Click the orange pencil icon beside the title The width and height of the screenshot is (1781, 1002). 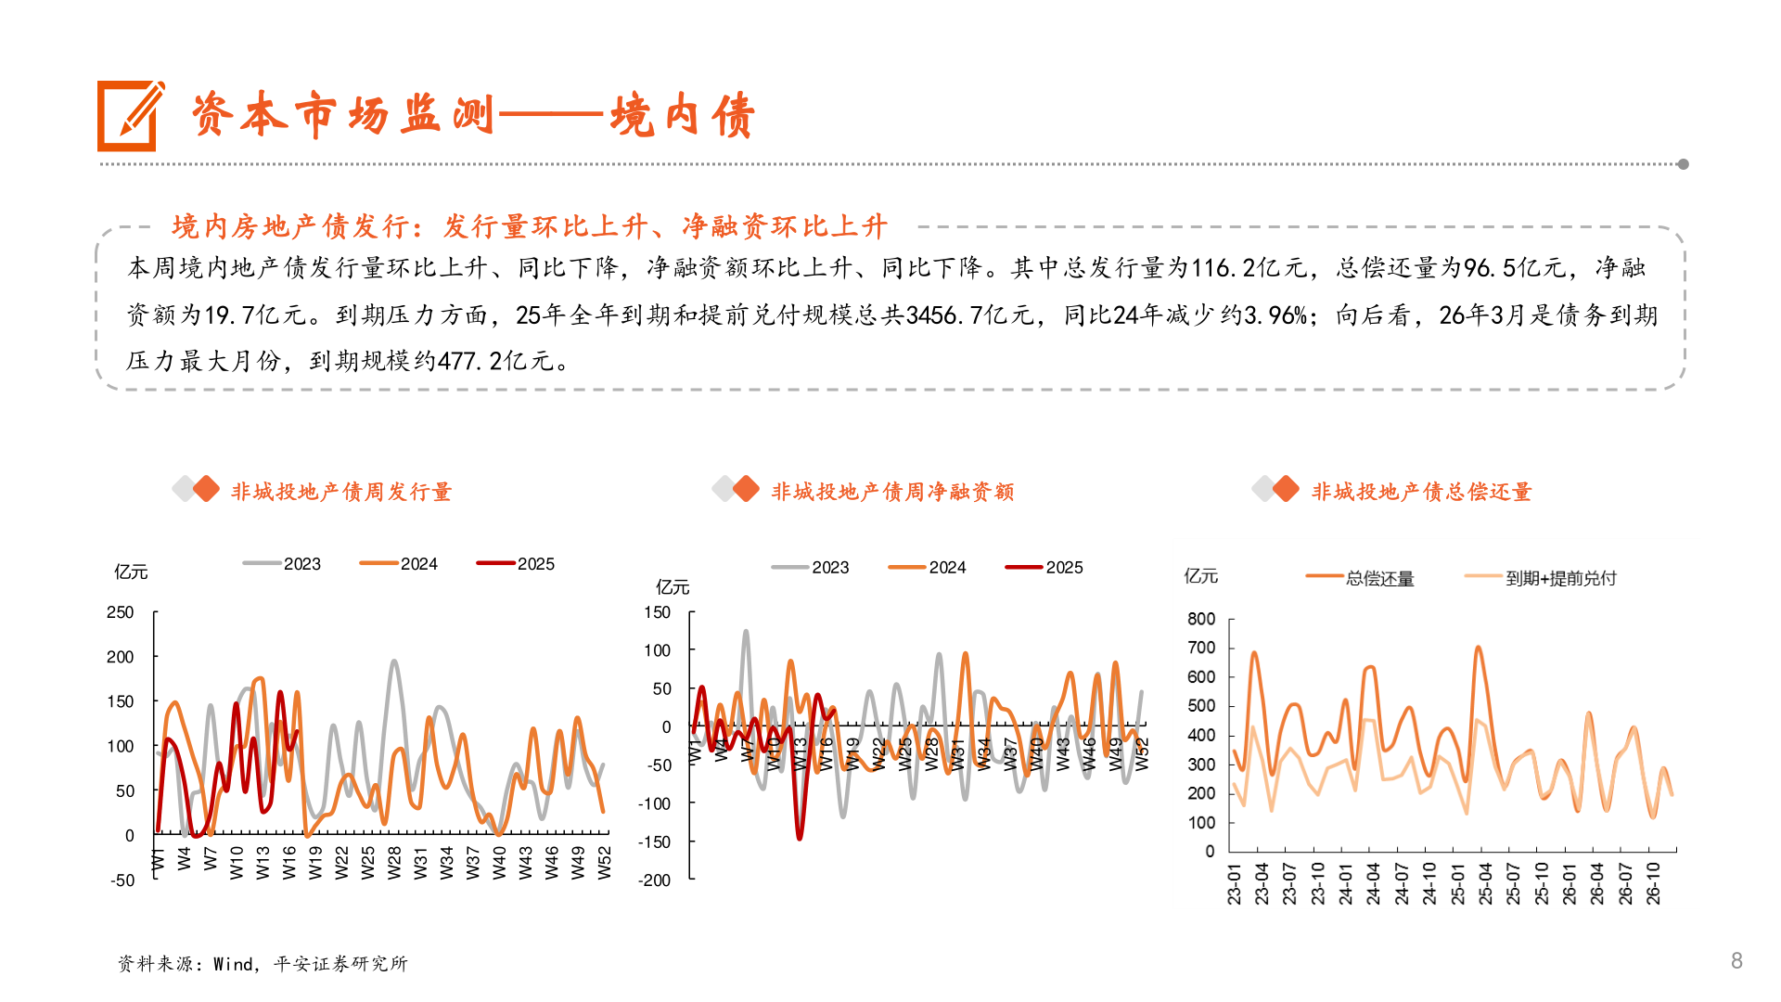click(130, 116)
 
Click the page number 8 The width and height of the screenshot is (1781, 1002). click(1736, 960)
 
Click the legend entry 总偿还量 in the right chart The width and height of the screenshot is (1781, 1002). click(1379, 579)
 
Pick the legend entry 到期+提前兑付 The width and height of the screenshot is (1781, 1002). click(1560, 579)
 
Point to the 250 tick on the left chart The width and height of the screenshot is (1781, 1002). click(121, 612)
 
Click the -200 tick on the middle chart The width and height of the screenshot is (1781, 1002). click(655, 880)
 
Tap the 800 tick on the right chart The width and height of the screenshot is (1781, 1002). click(1201, 619)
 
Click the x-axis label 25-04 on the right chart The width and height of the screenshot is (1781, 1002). click(1485, 884)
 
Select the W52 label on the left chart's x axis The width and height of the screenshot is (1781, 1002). click(605, 863)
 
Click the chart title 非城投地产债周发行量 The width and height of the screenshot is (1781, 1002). click(341, 492)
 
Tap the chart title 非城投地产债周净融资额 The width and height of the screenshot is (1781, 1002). click(892, 492)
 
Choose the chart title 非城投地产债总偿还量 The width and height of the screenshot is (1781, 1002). click(1421, 492)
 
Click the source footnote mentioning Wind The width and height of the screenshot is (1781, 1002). click(263, 964)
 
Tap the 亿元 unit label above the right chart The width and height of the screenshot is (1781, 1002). click(1200, 576)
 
